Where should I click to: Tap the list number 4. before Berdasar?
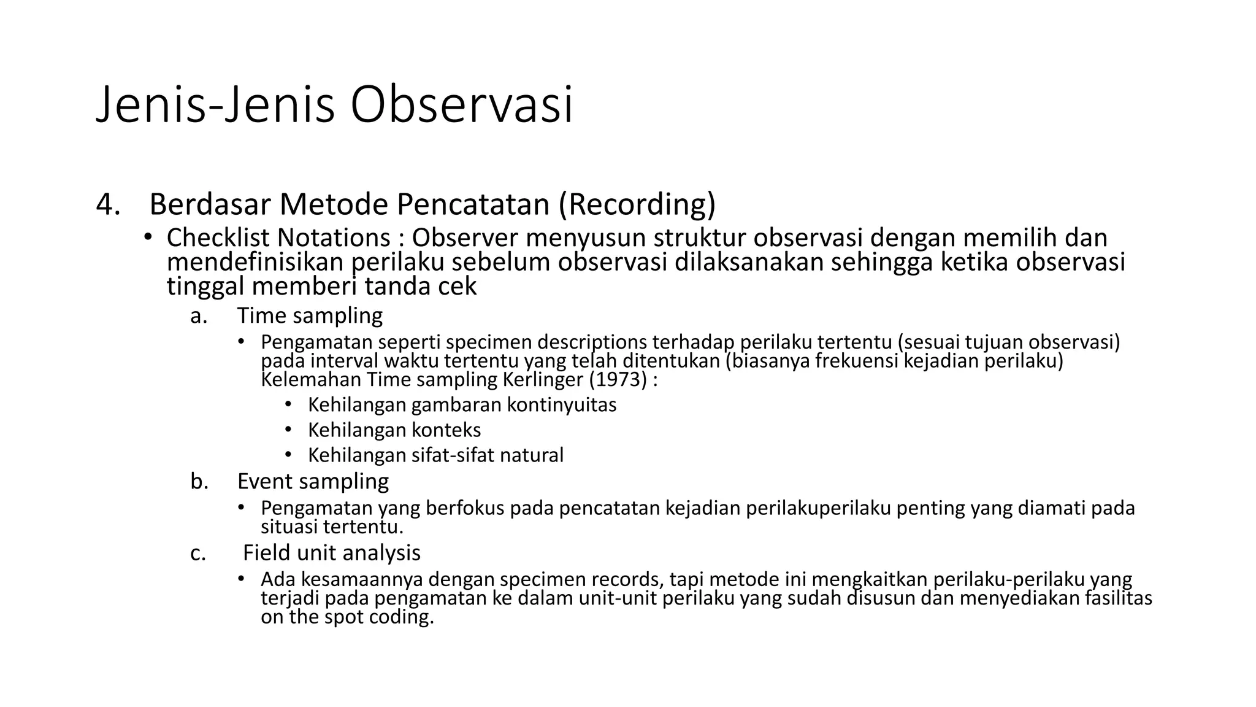108,204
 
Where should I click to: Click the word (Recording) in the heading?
637,204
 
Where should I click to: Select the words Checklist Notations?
278,238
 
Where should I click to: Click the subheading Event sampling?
313,481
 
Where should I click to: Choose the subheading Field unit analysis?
331,553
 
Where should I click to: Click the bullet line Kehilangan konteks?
394,430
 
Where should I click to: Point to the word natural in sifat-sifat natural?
531,455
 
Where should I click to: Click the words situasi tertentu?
332,527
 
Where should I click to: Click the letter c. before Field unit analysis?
197,553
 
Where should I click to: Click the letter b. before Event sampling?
199,481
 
